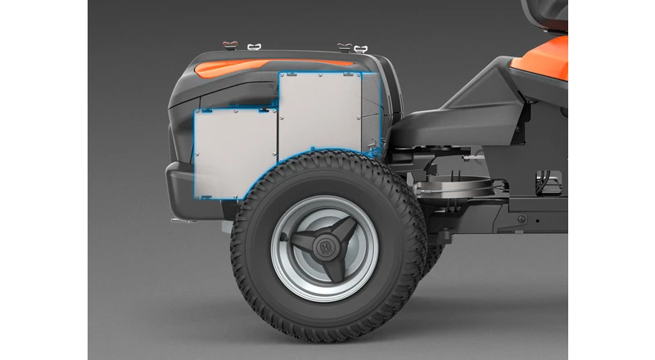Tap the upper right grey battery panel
click(x=320, y=111)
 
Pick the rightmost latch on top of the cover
click(x=360, y=48)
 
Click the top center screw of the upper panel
click(x=320, y=75)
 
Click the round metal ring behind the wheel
click(x=455, y=188)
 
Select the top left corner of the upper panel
click(x=281, y=74)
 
